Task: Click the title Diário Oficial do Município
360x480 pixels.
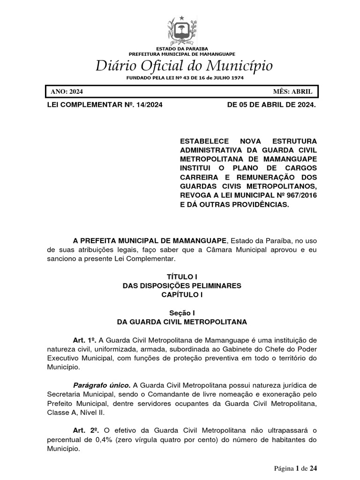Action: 184,66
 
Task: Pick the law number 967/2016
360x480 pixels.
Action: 300,195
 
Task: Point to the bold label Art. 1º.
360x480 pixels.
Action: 81,339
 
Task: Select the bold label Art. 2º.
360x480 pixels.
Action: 82,431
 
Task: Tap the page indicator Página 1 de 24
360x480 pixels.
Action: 297,468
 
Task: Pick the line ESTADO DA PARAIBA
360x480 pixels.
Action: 182,49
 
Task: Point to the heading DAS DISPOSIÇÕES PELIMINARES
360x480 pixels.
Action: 182,285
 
